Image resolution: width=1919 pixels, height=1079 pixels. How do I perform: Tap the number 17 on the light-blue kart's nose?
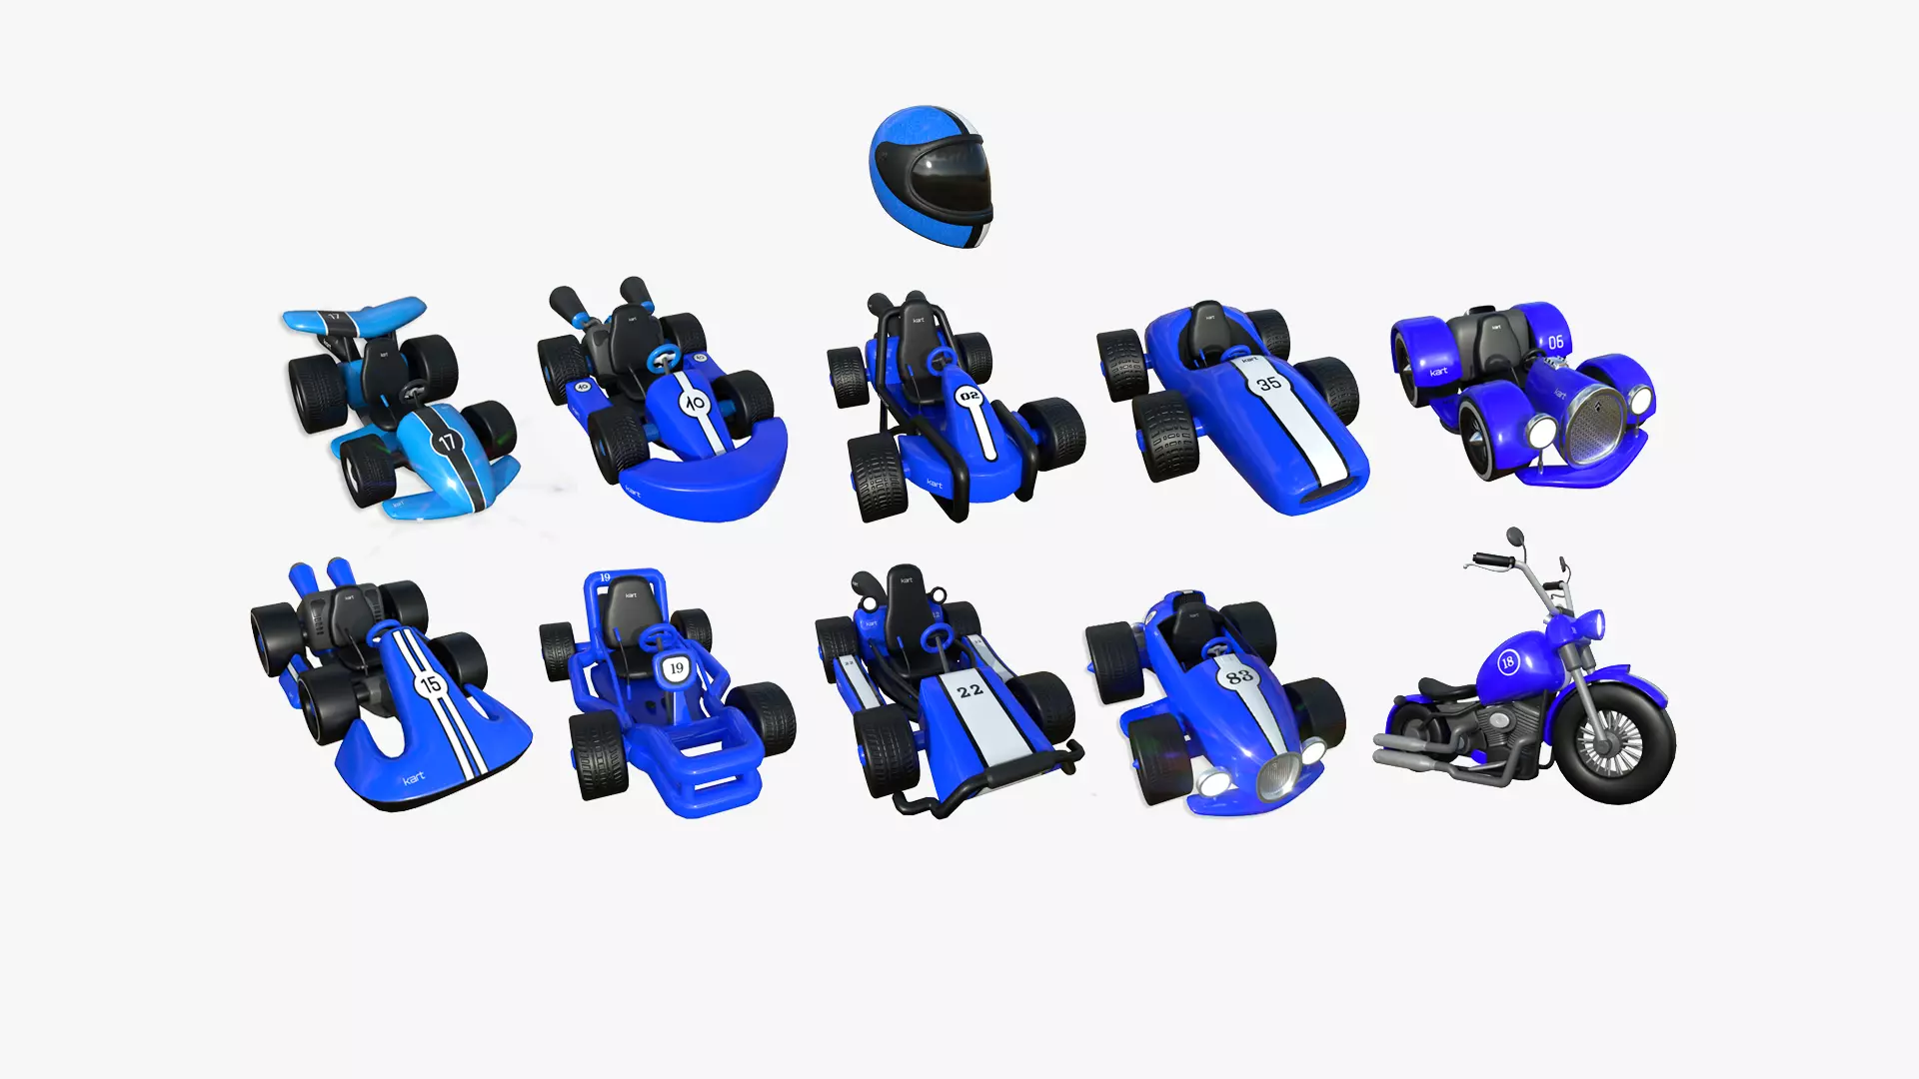[x=446, y=441]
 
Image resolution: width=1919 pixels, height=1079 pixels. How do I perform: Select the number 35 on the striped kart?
[x=1268, y=382]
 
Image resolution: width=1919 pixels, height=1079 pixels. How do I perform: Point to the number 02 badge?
[x=969, y=397]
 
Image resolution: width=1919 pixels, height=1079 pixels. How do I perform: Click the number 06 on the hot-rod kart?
[x=1556, y=342]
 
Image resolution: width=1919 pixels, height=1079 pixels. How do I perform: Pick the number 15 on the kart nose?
[x=431, y=684]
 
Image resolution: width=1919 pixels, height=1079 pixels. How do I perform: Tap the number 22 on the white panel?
[x=969, y=690]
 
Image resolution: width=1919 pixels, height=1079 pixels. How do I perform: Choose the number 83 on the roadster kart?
[x=1239, y=676]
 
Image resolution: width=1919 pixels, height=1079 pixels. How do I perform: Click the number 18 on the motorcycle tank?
[x=1507, y=661]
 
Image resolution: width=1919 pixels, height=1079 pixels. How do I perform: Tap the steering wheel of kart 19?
[x=657, y=636]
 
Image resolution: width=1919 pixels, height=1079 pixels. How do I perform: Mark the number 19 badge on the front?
[x=677, y=668]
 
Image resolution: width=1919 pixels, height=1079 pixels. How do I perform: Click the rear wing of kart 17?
[x=355, y=318]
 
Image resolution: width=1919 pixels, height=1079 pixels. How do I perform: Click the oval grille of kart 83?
[x=1278, y=775]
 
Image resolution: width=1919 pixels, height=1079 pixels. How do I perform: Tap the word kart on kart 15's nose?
[x=414, y=777]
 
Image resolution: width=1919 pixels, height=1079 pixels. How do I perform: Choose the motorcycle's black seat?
[x=1444, y=688]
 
